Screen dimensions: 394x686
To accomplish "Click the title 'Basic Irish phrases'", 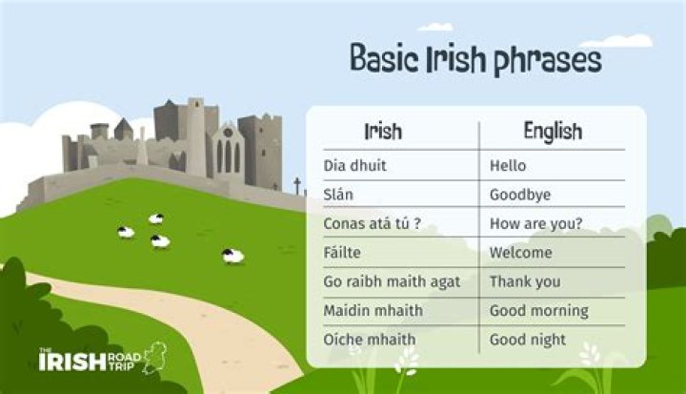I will click(x=475, y=60).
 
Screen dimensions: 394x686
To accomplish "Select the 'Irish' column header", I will click(x=384, y=131).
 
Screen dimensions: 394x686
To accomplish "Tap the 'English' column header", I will click(x=553, y=131).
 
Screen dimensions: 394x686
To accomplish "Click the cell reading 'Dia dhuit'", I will click(x=354, y=166).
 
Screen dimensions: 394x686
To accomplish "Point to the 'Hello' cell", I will click(x=508, y=166).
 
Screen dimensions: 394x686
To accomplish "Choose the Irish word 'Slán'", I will click(x=340, y=195).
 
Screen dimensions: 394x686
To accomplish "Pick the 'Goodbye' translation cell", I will click(x=520, y=195).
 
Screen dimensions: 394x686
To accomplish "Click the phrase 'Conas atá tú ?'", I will click(x=373, y=224).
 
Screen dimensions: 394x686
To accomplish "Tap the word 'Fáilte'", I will click(x=344, y=253).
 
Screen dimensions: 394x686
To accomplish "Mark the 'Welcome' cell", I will click(x=521, y=253).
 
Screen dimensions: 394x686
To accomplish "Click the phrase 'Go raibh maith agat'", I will click(x=392, y=281).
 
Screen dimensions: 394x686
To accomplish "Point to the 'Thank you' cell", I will click(x=525, y=281).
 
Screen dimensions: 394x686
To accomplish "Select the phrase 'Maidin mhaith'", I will click(x=373, y=311).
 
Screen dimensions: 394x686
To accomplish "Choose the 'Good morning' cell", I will click(x=539, y=311).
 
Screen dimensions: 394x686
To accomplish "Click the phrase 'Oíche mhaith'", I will click(x=369, y=340).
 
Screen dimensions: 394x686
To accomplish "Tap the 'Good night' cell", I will click(x=528, y=340).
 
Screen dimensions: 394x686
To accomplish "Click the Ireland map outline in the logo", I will click(x=154, y=359).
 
